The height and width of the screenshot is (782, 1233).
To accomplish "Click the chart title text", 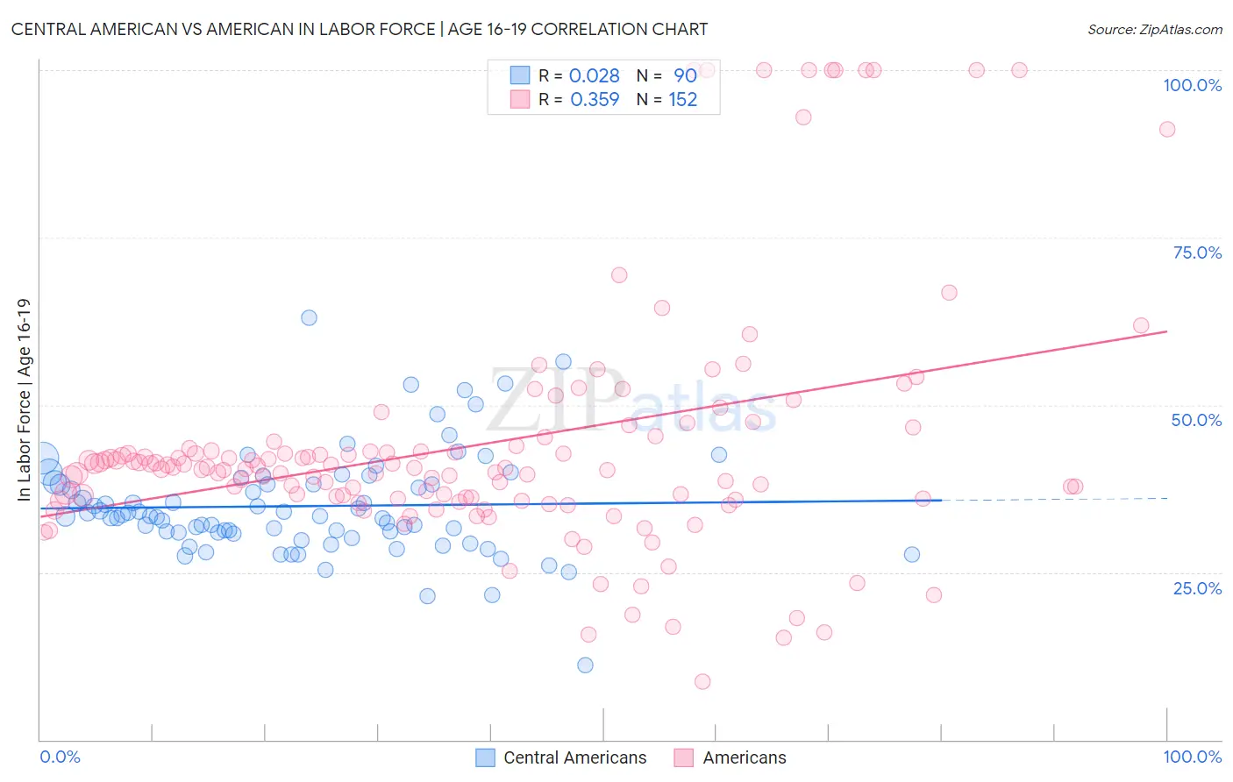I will pos(360,29).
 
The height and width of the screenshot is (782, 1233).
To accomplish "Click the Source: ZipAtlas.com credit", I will pos(1154,29).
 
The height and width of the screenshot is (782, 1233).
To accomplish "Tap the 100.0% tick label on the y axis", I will pos(1192,85).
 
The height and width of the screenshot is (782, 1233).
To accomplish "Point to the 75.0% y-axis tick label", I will pos(1197,252).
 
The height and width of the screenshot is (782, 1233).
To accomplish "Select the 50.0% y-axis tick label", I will pos(1196,420).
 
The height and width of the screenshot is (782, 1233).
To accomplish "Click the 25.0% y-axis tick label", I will pos(1197,588).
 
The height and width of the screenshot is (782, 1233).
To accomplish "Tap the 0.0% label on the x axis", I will pos(60,757).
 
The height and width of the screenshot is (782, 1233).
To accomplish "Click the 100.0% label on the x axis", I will pos(1192,757).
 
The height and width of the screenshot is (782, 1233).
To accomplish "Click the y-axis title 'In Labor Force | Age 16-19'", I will pos(24,400).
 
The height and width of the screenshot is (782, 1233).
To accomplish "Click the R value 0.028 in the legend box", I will pos(595,76).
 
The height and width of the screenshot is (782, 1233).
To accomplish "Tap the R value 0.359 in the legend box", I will pos(595,100).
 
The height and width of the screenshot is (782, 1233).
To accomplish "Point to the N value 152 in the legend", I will pos(683,100).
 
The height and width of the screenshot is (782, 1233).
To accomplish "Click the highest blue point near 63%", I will pos(309,317).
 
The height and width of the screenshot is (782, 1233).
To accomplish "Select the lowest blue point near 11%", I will pos(585,665).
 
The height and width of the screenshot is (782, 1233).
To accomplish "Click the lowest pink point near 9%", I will pos(702,681).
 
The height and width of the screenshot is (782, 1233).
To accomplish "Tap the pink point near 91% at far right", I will pos(1167,129).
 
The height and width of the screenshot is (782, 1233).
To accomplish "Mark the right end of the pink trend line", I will pos(1167,331).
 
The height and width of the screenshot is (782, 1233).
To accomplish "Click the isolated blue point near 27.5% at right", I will pos(912,554).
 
